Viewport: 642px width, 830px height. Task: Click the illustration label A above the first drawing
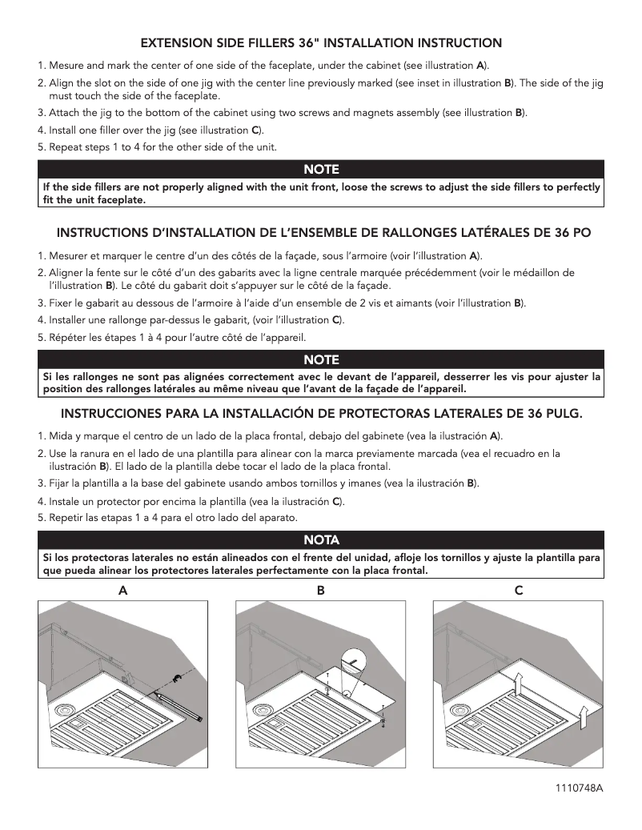pyautogui.click(x=122, y=591)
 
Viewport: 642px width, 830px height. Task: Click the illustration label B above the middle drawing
pyautogui.click(x=320, y=591)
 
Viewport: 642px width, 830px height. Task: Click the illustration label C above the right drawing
pyautogui.click(x=519, y=591)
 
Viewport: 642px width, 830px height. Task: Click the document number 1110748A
pyautogui.click(x=578, y=788)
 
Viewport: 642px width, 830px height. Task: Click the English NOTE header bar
pyautogui.click(x=321, y=170)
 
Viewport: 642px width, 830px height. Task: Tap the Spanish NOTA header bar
pyautogui.click(x=321, y=539)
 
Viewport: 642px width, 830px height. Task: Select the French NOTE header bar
pyautogui.click(x=321, y=360)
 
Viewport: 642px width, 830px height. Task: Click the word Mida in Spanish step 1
pyautogui.click(x=62, y=436)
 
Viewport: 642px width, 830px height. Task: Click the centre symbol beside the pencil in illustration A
pyautogui.click(x=175, y=679)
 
